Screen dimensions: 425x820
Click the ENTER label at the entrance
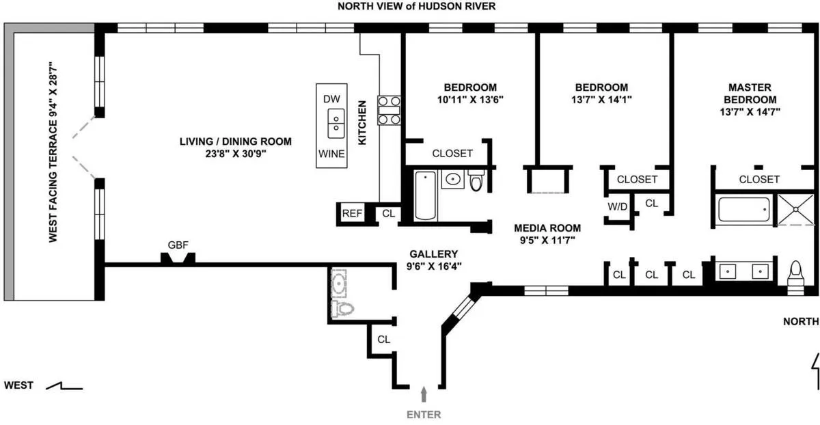[x=424, y=414]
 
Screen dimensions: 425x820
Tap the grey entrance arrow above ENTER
[x=424, y=394]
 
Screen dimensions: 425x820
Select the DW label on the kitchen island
[x=331, y=98]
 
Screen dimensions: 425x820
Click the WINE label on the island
[x=331, y=154]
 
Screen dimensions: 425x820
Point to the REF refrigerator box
[x=352, y=213]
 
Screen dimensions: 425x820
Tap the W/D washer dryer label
[x=617, y=206]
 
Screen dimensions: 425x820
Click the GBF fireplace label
[x=178, y=244]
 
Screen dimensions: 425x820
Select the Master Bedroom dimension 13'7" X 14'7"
[x=749, y=110]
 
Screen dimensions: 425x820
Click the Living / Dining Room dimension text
[x=236, y=154]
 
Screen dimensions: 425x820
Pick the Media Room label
[x=547, y=228]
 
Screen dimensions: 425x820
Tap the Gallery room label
[x=429, y=253]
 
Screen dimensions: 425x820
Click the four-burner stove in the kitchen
[x=389, y=109]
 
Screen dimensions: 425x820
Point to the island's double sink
[x=335, y=124]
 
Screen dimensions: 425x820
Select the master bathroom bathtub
[x=745, y=208]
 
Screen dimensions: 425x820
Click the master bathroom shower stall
[x=797, y=208]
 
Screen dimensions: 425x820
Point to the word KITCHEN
[x=363, y=122]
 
